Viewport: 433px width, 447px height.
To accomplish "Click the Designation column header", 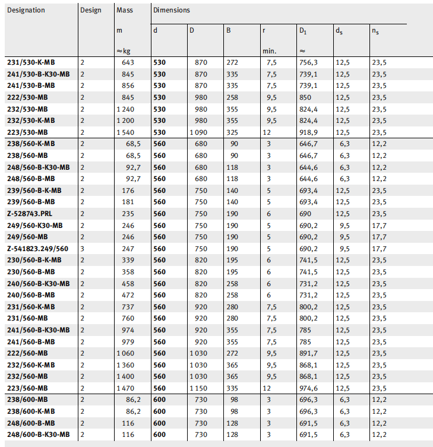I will click(x=26, y=10).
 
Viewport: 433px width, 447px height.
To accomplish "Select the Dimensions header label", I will click(x=171, y=10).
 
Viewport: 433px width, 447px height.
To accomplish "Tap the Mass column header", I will click(x=125, y=10).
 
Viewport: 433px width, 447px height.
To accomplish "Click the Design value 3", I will click(x=83, y=249).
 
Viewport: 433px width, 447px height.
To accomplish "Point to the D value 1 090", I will click(x=199, y=132).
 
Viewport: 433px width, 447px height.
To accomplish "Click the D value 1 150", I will click(x=199, y=388).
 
